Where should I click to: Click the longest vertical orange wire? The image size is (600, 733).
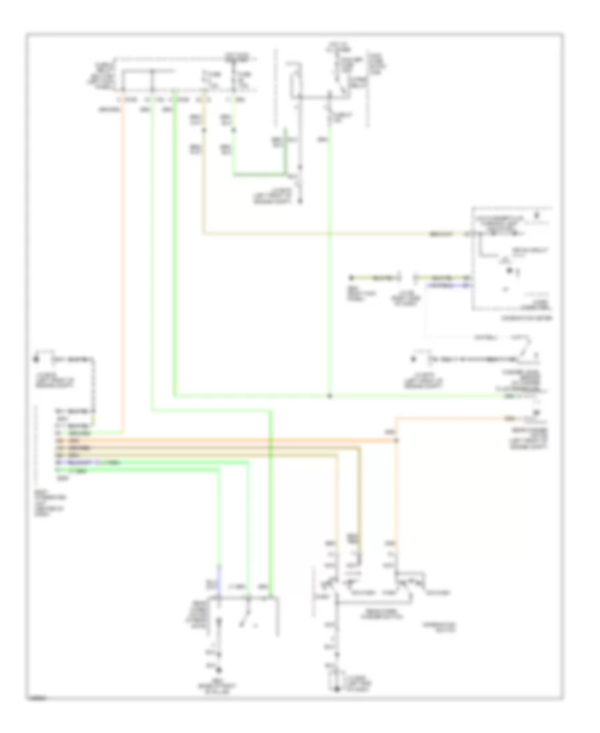pyautogui.click(x=123, y=267)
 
